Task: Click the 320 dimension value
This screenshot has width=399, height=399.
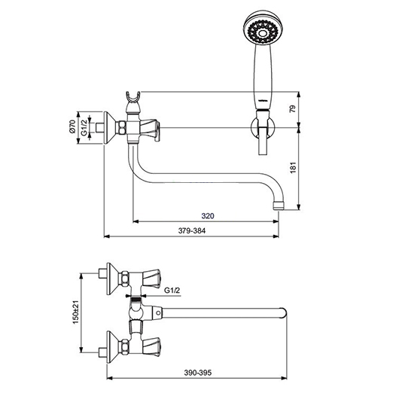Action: [x=208, y=216]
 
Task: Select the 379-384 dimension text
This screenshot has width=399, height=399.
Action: [x=192, y=231]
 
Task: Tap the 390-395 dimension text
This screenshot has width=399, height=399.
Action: [x=198, y=373]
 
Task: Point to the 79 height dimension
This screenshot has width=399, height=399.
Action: [x=293, y=109]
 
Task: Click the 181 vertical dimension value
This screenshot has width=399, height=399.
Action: [x=293, y=168]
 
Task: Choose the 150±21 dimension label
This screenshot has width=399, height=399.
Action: [x=76, y=312]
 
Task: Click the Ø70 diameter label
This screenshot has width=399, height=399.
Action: [x=72, y=126]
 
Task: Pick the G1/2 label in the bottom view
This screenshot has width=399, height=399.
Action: [x=172, y=290]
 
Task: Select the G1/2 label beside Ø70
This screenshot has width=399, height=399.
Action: [x=84, y=127]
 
